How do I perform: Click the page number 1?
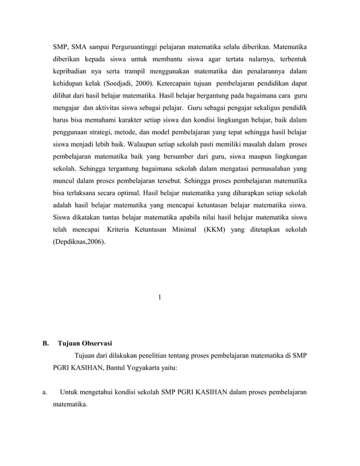[160, 297]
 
